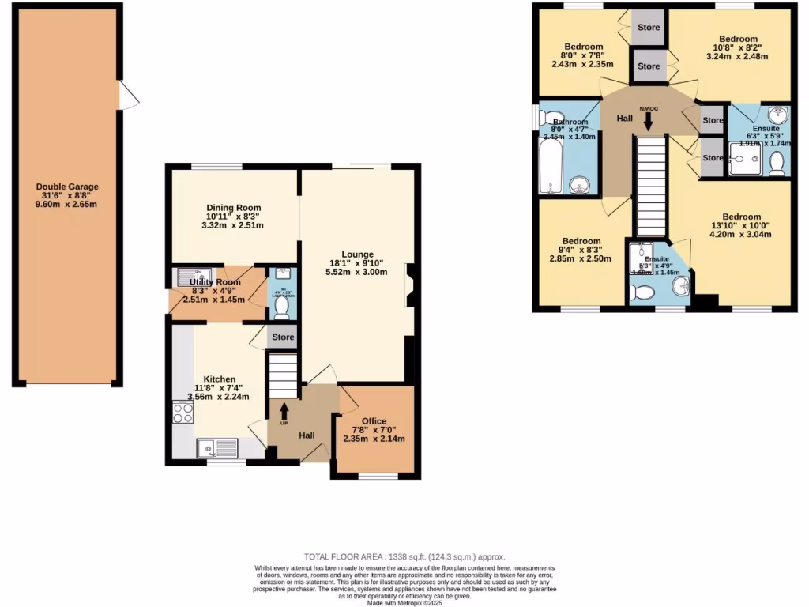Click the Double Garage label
67,187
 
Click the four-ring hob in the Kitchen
183,413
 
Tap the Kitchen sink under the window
217,448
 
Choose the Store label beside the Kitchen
283,337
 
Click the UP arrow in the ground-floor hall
284,411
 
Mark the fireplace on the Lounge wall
408,285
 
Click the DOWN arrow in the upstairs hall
649,120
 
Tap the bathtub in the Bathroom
549,164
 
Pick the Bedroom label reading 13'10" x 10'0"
741,217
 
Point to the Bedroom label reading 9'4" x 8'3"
581,241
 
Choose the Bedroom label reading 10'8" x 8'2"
738,39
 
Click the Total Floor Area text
404,557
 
